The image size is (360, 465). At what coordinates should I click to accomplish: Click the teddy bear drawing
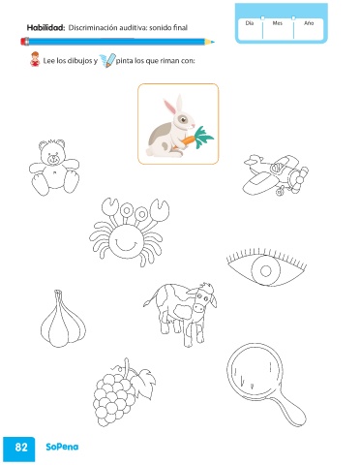coord(54,167)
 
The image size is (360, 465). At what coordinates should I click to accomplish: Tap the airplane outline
coord(275,175)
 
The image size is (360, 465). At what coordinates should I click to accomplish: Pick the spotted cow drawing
coord(181,313)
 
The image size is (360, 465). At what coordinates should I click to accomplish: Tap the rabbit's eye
coord(183,119)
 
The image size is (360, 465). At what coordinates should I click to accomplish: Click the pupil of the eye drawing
coord(266,270)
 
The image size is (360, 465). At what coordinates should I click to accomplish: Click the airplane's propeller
coord(299,178)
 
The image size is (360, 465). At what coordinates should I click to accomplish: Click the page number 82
coord(21,447)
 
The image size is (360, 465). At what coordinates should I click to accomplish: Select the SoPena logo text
coord(62,447)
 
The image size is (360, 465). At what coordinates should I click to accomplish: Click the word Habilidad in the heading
coord(45,28)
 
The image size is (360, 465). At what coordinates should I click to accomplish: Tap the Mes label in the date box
coord(278,23)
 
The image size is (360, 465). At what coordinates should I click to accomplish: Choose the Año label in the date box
coord(309,23)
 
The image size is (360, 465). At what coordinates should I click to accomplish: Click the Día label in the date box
coord(250,23)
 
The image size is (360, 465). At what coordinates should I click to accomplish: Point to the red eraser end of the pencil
coord(25,42)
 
